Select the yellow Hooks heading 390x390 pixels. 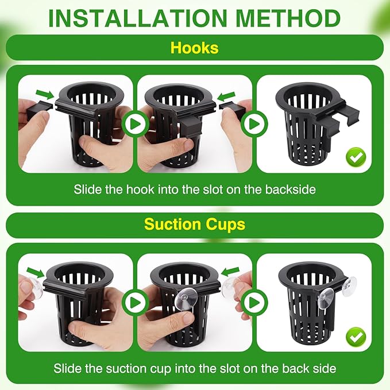(x=195, y=48)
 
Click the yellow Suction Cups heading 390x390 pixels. (x=195, y=224)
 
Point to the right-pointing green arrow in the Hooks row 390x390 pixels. (x=43, y=93)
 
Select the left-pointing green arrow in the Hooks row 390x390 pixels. (x=228, y=93)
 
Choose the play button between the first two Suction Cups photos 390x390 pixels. (x=135, y=302)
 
